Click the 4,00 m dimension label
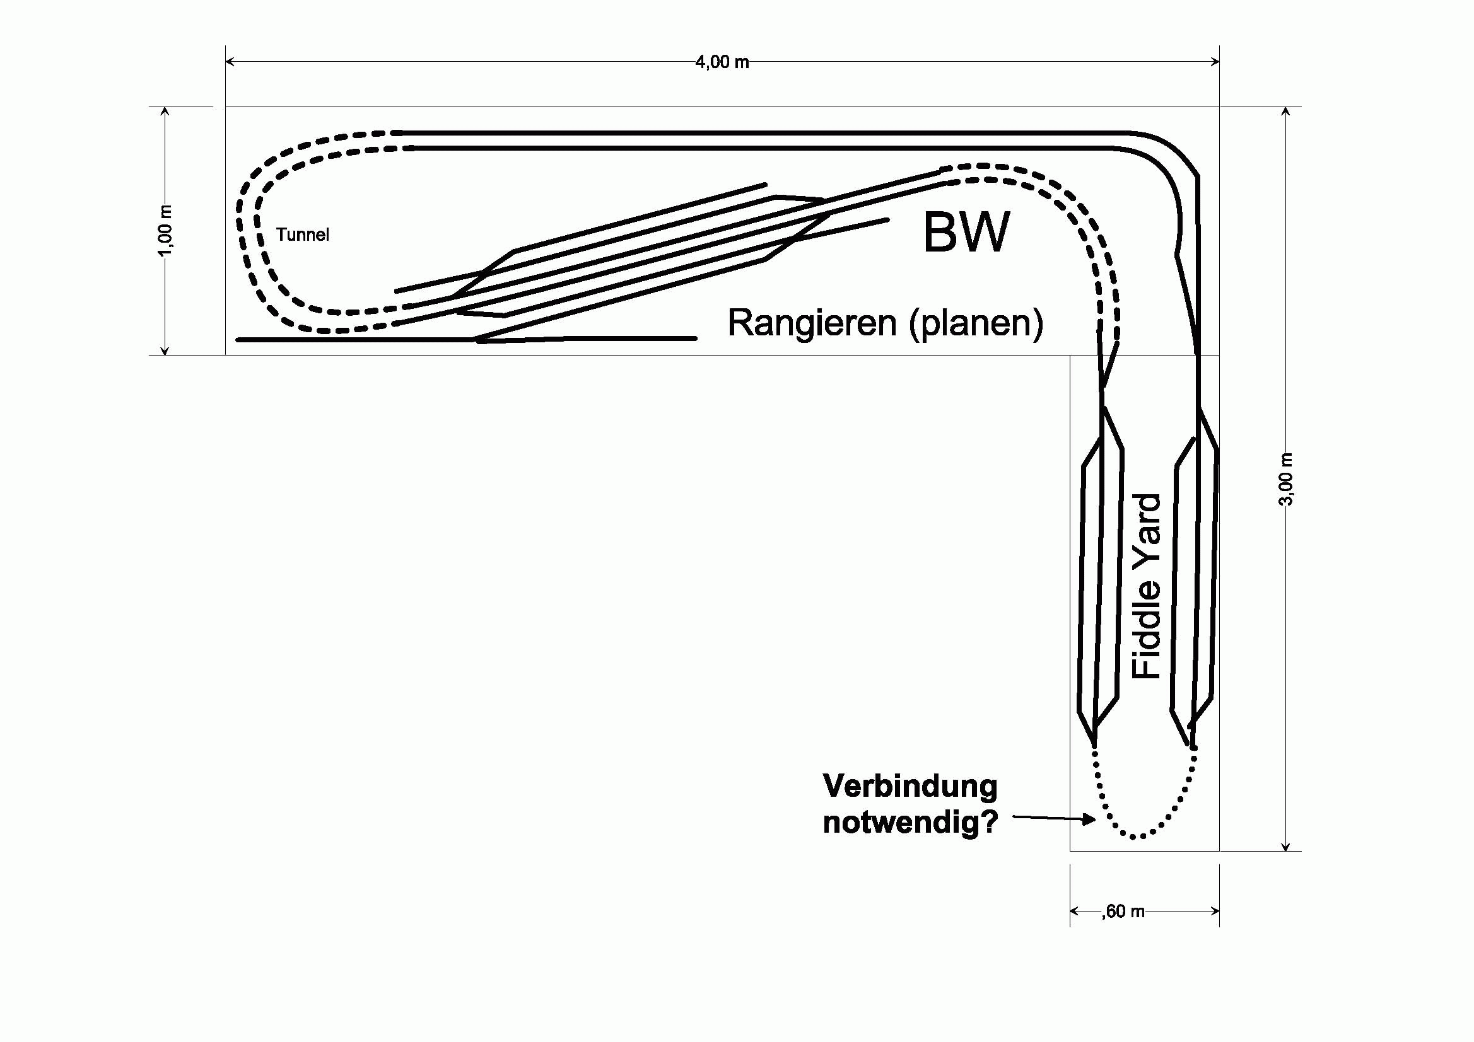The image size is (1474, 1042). point(722,62)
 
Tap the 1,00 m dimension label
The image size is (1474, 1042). point(166,230)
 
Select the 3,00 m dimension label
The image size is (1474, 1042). point(1285,479)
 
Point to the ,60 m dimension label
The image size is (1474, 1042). point(1123,911)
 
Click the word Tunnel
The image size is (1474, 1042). point(302,235)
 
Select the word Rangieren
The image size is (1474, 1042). point(812,323)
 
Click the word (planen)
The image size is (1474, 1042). point(976,324)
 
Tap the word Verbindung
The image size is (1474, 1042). point(910,786)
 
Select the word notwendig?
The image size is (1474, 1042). point(910,822)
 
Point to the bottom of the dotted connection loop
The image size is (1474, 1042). point(1135,836)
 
